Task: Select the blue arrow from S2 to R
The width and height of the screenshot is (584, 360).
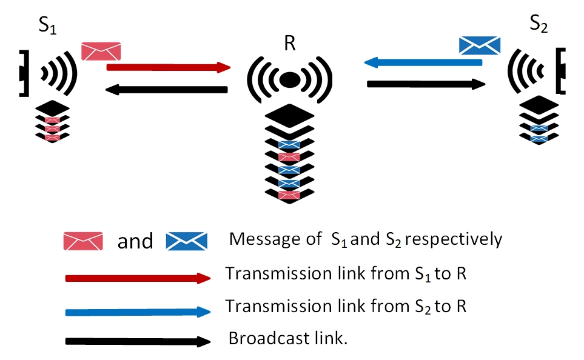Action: (424, 62)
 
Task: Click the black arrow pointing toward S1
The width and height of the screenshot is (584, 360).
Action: (166, 90)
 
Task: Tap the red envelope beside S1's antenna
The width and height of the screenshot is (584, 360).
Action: (101, 52)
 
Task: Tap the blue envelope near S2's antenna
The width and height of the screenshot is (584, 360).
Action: (479, 45)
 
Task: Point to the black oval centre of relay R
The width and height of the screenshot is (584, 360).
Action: (290, 79)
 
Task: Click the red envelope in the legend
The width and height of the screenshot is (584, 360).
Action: (83, 241)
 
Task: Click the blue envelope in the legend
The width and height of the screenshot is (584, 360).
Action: (187, 241)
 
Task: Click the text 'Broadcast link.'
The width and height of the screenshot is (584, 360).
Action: (287, 338)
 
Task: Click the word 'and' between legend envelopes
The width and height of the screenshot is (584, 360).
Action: (135, 241)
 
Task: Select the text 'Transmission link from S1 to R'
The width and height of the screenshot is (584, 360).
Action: (346, 273)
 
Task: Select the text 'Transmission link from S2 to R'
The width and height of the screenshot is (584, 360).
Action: (346, 306)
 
